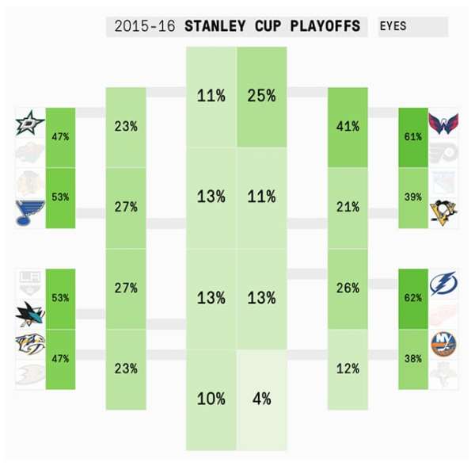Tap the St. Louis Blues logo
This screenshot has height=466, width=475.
pos(30,212)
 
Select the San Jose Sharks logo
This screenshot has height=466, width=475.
pos(30,315)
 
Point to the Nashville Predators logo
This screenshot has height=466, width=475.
pos(30,344)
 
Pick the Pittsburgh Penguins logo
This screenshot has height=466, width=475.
pos(443,212)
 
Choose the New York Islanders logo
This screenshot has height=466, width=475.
pos(443,342)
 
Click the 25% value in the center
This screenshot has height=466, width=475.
pos(261,96)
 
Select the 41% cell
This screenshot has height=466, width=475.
pos(348,126)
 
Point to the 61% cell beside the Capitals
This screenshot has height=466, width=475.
pos(412,136)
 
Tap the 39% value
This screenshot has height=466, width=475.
pos(412,197)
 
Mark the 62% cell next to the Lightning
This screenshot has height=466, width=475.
pos(412,299)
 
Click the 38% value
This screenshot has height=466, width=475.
pos(412,358)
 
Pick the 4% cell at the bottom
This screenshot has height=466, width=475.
pos(261,399)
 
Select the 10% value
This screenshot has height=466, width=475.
pos(211,399)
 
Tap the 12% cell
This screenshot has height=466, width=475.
pos(348,369)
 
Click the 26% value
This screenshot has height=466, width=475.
pos(348,288)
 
